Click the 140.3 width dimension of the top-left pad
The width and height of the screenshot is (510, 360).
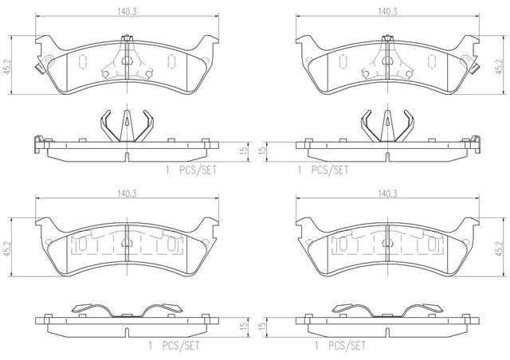127,12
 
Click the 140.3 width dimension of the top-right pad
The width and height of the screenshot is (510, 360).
387,12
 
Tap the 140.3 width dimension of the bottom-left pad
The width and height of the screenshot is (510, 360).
127,194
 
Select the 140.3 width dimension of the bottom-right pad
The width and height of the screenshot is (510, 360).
387,194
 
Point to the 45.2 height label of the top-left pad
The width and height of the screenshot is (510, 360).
7,66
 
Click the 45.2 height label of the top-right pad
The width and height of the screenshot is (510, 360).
500,66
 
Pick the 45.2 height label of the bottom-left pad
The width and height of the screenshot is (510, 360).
7,248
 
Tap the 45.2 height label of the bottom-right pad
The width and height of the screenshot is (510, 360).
500,248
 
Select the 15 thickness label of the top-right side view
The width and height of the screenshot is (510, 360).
263,150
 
